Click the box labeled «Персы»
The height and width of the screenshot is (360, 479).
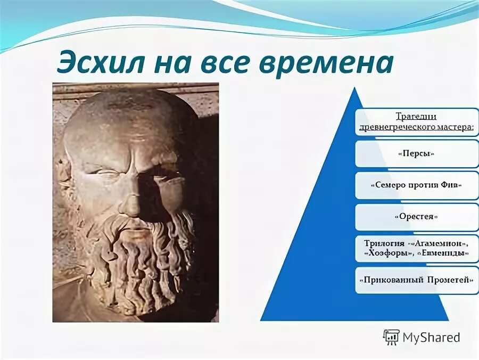coord(416,154)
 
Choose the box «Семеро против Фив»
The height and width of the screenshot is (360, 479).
coord(416,185)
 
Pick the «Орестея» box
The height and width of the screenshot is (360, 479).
coord(416,217)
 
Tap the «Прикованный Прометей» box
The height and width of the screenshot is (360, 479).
coord(416,280)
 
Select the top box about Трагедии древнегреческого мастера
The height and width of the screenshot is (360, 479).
coord(416,122)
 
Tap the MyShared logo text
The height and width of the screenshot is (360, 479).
coord(431,337)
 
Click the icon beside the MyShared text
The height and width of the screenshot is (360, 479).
coord(391,337)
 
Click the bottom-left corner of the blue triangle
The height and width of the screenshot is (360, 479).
coord(261,320)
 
